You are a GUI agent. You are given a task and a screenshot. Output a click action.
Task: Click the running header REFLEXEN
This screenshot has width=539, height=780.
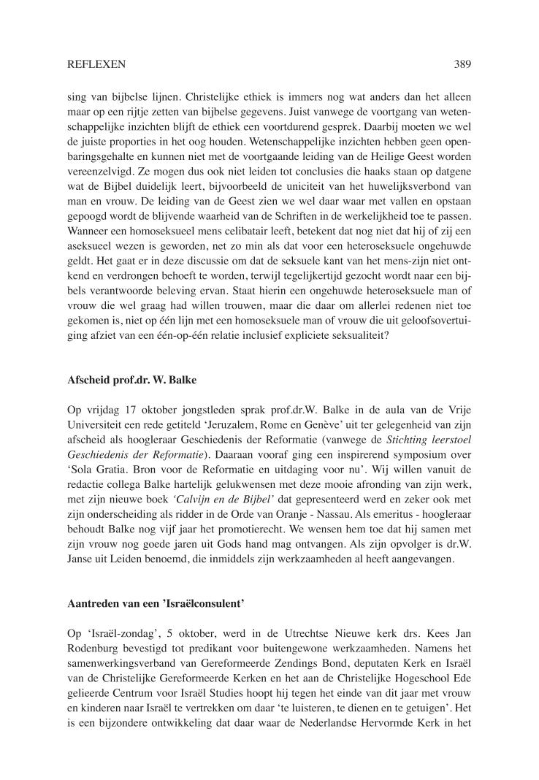[96, 64]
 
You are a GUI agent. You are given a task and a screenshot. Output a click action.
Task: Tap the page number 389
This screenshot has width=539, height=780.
[462, 64]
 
